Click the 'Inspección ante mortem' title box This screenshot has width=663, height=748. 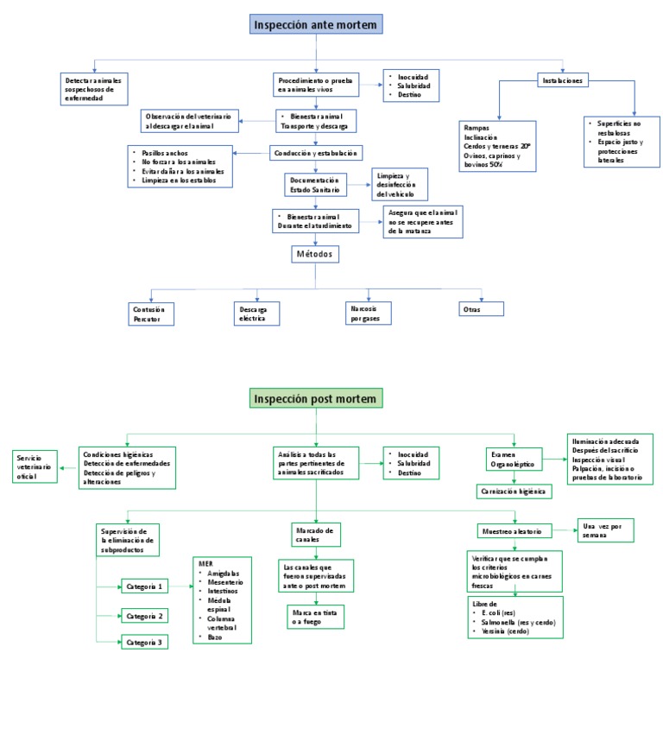click(x=315, y=25)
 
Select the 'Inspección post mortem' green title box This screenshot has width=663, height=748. click(x=315, y=398)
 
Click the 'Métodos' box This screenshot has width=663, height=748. click(x=315, y=254)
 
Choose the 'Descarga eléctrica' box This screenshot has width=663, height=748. click(x=256, y=313)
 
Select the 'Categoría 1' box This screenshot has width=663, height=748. click(x=143, y=586)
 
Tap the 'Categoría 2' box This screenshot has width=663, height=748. click(x=143, y=616)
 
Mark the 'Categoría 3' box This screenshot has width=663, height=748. click(x=143, y=643)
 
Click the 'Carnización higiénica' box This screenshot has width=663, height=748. click(x=515, y=491)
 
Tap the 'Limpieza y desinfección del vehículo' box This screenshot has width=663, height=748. click(x=399, y=185)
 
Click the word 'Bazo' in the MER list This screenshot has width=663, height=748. click(x=215, y=637)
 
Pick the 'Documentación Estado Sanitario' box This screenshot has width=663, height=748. click(x=315, y=185)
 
